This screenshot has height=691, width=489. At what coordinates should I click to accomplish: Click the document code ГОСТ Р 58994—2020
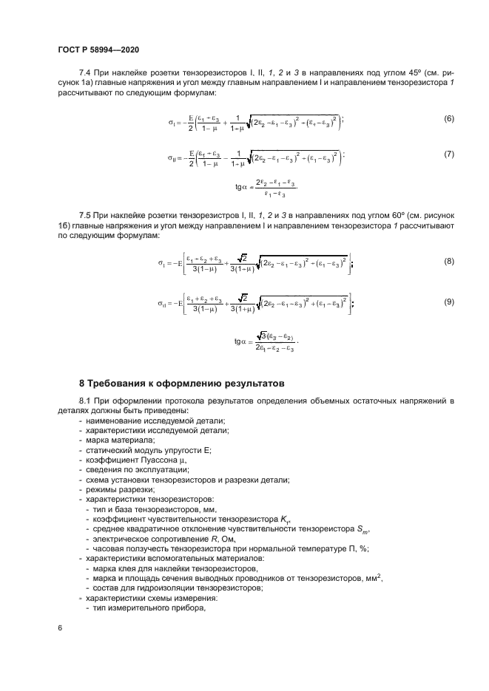coord(98,50)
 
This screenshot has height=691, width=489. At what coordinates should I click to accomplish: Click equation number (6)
coord(448,119)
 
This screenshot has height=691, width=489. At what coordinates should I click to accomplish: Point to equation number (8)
coord(448,262)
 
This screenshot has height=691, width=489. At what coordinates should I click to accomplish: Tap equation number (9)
coord(448,302)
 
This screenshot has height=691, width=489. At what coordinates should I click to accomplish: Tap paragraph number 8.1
coord(87,401)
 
